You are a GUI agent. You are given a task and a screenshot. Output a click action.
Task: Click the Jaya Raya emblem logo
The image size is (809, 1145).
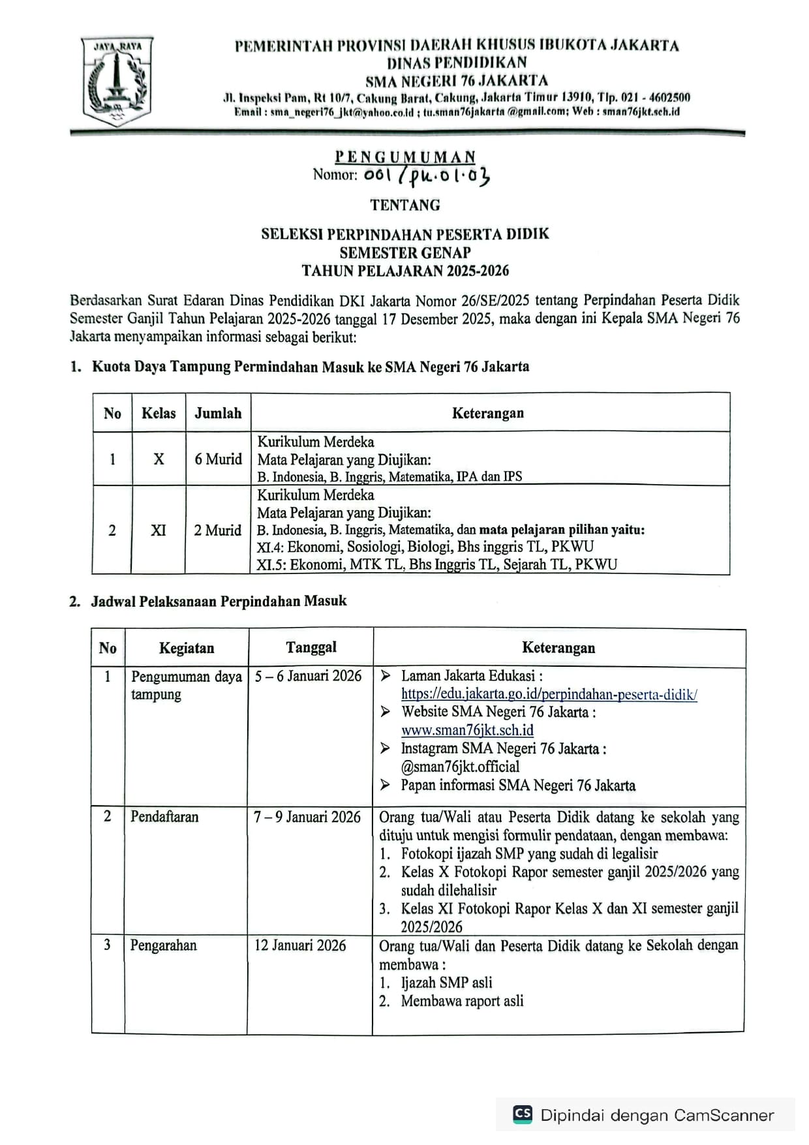(x=117, y=81)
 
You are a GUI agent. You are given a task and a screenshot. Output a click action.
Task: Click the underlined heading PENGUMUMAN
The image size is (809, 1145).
(x=405, y=157)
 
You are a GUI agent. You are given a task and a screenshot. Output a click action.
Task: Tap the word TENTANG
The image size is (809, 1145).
(x=405, y=205)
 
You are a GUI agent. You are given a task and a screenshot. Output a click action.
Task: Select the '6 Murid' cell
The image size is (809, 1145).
(x=218, y=459)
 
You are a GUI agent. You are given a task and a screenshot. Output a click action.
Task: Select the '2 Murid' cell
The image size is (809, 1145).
(x=217, y=530)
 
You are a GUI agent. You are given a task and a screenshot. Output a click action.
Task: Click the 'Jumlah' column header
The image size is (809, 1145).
(x=218, y=413)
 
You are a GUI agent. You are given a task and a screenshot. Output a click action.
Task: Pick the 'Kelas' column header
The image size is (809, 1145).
(x=159, y=413)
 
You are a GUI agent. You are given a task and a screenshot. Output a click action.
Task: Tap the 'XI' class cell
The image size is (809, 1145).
(x=159, y=530)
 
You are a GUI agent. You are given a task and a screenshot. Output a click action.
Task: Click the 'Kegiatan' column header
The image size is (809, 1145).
(x=187, y=648)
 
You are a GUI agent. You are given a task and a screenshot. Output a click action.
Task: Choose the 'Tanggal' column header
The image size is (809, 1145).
(x=311, y=647)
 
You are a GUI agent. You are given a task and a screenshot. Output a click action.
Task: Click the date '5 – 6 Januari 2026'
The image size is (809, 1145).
(x=308, y=676)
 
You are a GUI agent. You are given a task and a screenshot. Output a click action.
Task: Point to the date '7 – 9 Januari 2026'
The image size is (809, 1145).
(x=307, y=817)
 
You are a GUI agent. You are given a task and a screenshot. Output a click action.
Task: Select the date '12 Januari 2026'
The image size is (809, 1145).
(x=300, y=945)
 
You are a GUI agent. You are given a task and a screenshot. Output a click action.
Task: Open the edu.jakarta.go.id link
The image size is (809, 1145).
(x=549, y=694)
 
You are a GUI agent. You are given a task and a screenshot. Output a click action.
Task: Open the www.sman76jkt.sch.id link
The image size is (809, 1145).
(x=467, y=730)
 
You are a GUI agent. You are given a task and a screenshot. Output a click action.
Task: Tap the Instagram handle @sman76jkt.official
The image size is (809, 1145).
(x=460, y=767)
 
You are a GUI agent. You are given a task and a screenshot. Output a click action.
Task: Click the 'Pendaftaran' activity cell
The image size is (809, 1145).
(x=164, y=817)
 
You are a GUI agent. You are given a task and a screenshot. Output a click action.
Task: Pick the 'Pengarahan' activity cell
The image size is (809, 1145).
(x=163, y=945)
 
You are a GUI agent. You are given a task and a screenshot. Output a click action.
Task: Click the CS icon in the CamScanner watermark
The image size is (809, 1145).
(x=523, y=1114)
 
